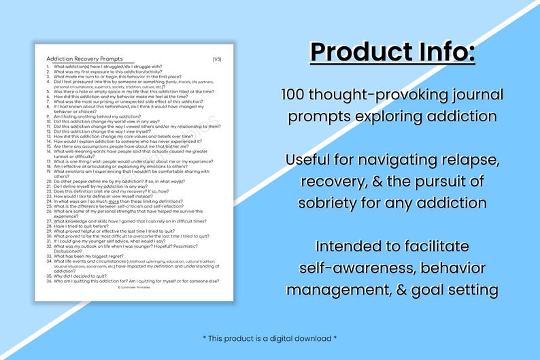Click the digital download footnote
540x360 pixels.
point(269,338)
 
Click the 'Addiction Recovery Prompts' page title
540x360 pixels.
point(84,59)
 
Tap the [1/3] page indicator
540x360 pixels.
point(217,59)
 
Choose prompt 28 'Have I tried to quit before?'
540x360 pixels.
point(88,226)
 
